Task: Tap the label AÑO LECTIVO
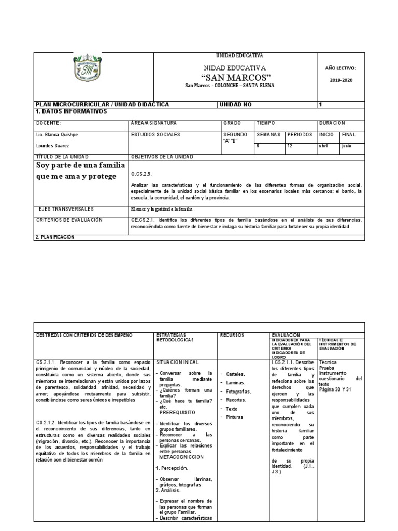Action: click(x=340, y=68)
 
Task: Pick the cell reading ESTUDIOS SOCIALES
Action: click(x=156, y=135)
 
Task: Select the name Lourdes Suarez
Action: click(x=53, y=146)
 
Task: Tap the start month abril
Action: click(x=324, y=146)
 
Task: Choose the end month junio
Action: click(x=347, y=146)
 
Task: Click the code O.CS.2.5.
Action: click(x=143, y=175)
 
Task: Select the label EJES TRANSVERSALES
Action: click(x=66, y=209)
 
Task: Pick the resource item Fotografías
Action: click(x=238, y=392)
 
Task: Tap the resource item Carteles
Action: click(x=236, y=373)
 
